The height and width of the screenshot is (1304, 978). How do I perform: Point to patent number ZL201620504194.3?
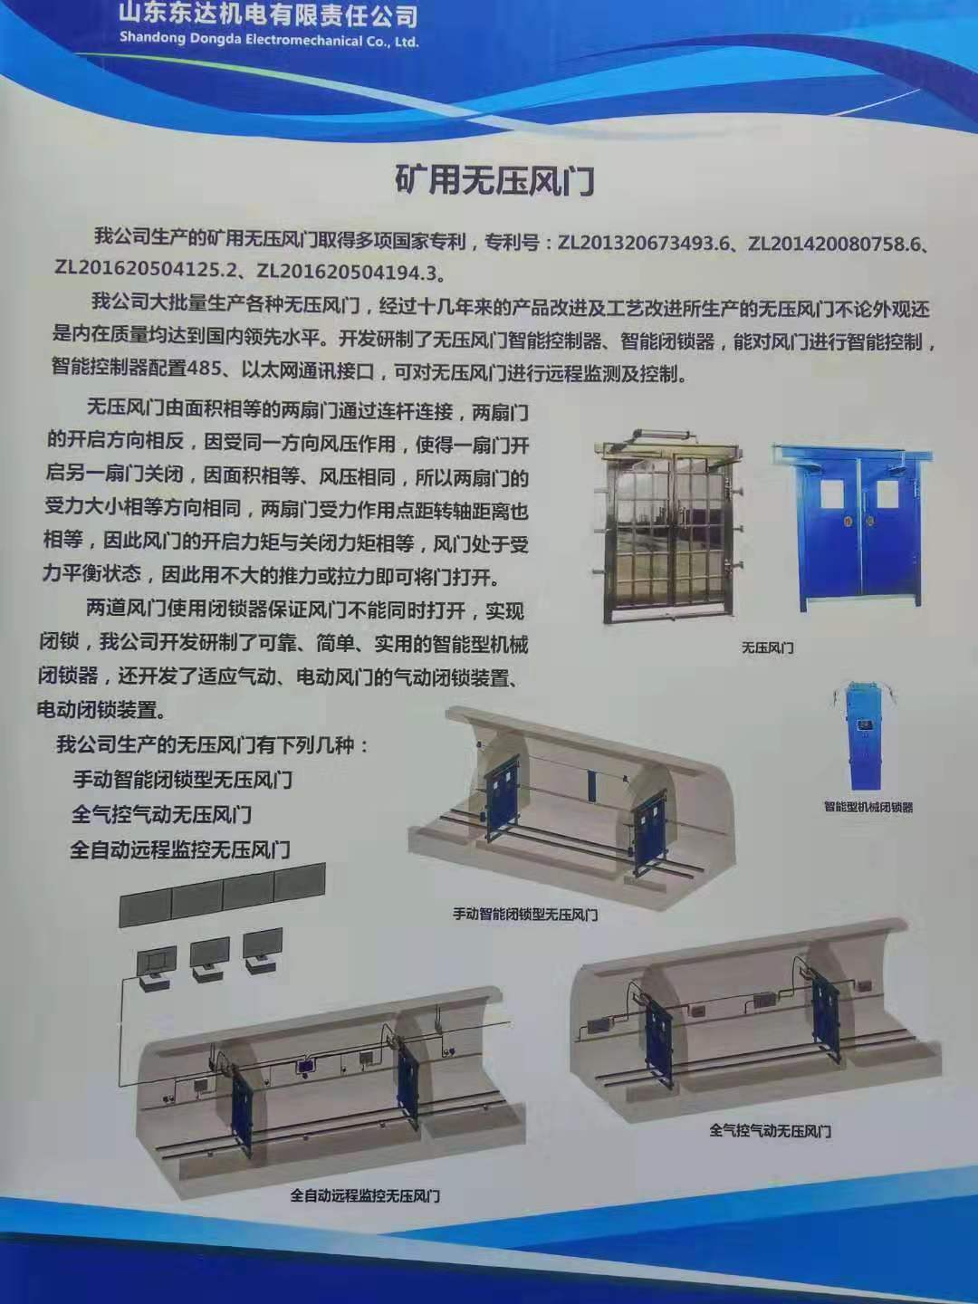tap(348, 271)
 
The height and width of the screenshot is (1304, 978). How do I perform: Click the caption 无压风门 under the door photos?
tap(767, 647)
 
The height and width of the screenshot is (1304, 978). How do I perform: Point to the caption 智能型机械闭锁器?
tap(868, 807)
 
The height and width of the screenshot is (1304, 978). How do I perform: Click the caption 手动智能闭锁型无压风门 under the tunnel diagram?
tap(525, 915)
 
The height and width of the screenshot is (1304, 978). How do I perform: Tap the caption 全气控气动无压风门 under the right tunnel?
tap(770, 1131)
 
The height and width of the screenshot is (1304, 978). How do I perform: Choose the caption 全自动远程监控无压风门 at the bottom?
tap(365, 1196)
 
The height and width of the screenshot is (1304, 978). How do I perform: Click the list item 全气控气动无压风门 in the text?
tap(161, 814)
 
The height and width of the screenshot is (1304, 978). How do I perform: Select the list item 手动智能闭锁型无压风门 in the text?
tap(182, 779)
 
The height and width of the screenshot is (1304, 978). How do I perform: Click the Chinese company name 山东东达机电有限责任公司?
tap(268, 14)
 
